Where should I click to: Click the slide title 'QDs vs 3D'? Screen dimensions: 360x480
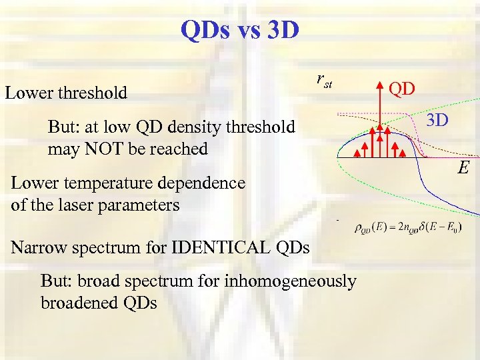coord(240,29)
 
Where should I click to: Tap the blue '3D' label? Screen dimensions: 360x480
coord(437,121)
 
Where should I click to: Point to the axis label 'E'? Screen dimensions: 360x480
coord(462,167)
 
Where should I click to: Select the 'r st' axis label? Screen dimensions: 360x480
coord(323,81)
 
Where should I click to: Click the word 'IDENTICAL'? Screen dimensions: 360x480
coord(218,248)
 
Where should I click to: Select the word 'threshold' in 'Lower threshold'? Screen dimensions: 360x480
coord(95,93)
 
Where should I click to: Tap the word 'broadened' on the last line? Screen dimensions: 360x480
coord(79,303)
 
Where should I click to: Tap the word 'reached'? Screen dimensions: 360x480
coord(180,149)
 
